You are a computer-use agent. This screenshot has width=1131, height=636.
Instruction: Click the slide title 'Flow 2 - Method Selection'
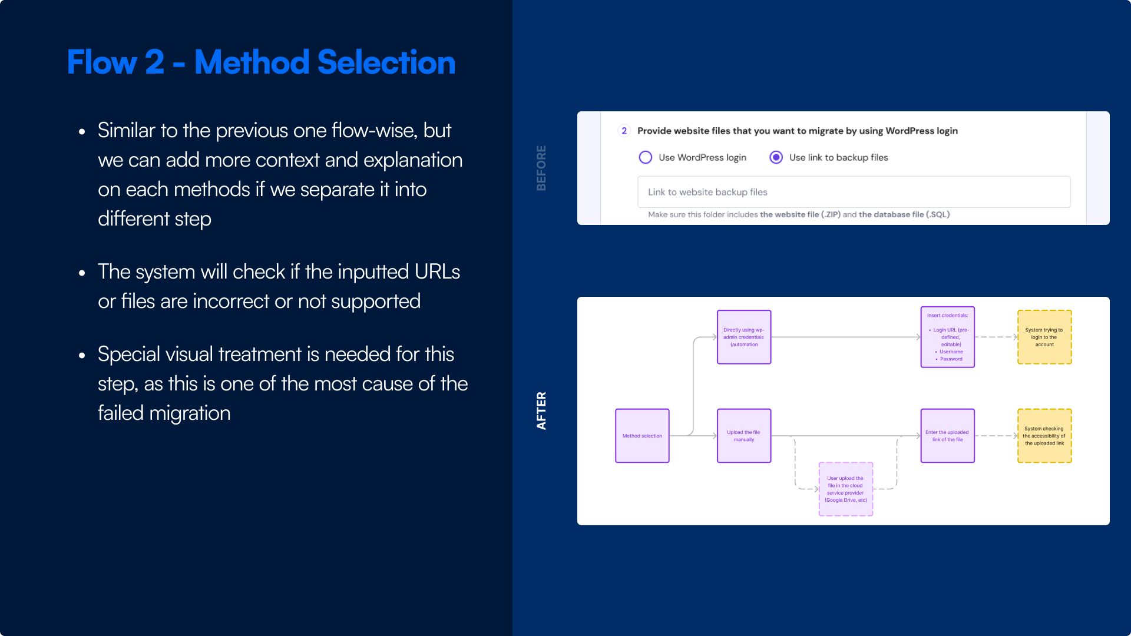tap(261, 62)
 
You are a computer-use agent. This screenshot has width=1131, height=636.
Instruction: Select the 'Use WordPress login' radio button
tap(646, 157)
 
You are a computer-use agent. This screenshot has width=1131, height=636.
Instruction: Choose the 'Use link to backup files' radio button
tap(776, 157)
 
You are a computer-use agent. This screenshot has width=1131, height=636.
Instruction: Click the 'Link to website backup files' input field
tap(854, 192)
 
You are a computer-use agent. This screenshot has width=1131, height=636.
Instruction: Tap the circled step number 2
tap(624, 131)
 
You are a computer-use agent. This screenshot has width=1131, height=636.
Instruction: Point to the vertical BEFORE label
tap(541, 168)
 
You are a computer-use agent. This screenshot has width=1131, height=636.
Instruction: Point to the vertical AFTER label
tap(541, 410)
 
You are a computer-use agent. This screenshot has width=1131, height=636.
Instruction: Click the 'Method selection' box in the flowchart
tap(642, 436)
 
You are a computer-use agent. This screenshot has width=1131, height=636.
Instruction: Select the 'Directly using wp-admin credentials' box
tap(744, 337)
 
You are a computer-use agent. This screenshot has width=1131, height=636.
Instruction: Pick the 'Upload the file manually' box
tap(744, 436)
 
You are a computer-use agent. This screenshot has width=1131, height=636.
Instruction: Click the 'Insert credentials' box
tap(947, 337)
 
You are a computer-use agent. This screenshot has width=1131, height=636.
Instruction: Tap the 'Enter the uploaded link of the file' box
tap(947, 436)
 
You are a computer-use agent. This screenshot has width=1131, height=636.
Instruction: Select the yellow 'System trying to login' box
tap(1044, 337)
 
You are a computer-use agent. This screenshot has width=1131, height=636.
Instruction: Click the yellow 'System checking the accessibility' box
tap(1044, 436)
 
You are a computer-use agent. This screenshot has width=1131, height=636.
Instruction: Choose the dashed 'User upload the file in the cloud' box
tap(845, 489)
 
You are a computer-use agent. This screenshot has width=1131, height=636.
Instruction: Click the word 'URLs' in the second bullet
tap(437, 271)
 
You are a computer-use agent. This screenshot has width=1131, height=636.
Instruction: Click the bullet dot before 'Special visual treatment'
tap(82, 355)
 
